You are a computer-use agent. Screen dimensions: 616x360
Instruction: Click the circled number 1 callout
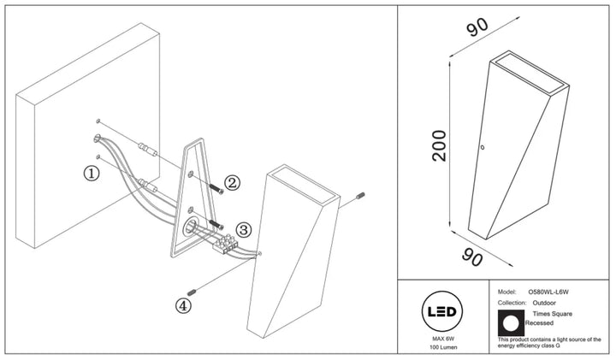92,173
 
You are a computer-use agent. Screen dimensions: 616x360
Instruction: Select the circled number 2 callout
232,182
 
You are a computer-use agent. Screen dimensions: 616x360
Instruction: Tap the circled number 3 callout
244,230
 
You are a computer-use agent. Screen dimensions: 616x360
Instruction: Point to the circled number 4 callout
183,306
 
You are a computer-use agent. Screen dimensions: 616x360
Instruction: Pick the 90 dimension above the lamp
477,27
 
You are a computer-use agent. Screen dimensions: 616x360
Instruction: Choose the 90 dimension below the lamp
471,257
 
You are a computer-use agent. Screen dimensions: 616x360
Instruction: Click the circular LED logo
442,312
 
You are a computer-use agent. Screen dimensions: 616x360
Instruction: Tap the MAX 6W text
442,339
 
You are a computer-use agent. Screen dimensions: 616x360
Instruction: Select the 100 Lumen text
443,347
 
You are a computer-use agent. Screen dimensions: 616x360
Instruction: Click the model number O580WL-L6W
548,292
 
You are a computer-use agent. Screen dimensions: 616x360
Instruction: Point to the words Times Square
553,314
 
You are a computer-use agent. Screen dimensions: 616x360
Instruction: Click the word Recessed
539,322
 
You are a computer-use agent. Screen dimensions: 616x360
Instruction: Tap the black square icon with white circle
511,322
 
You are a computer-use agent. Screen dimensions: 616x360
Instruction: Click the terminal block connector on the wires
225,244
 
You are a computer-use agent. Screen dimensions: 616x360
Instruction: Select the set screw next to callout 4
192,292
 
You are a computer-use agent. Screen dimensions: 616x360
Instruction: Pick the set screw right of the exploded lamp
360,195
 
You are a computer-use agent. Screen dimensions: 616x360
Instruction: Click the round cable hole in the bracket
191,227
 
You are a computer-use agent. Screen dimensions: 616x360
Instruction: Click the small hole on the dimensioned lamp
483,148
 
